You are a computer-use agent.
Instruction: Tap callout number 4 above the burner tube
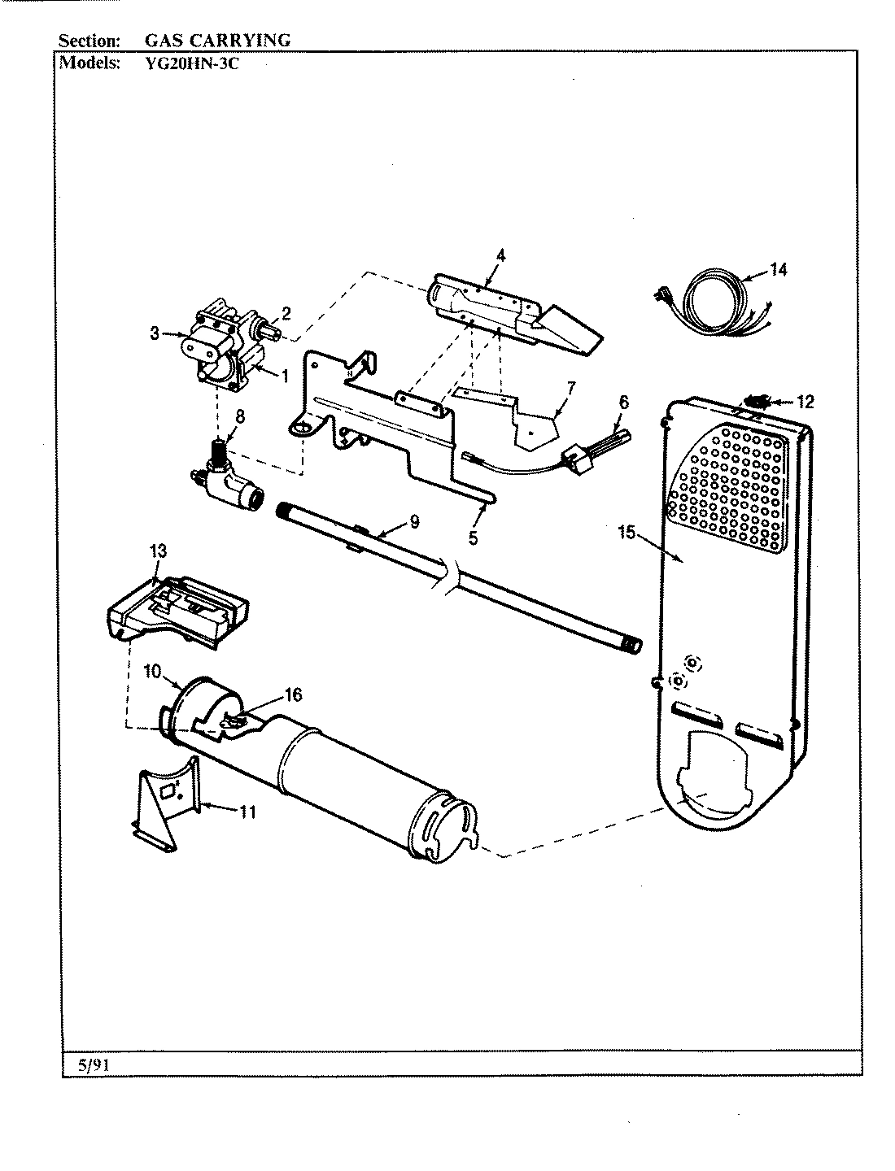pos(500,255)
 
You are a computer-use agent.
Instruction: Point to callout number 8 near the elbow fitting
pos(239,416)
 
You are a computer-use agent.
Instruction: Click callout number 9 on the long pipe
pos(414,522)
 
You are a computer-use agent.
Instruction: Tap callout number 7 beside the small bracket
pos(570,389)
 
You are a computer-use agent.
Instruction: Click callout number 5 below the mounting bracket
pos(473,538)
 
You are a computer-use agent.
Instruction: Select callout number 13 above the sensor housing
pos(158,551)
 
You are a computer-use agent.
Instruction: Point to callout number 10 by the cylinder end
pos(154,672)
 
